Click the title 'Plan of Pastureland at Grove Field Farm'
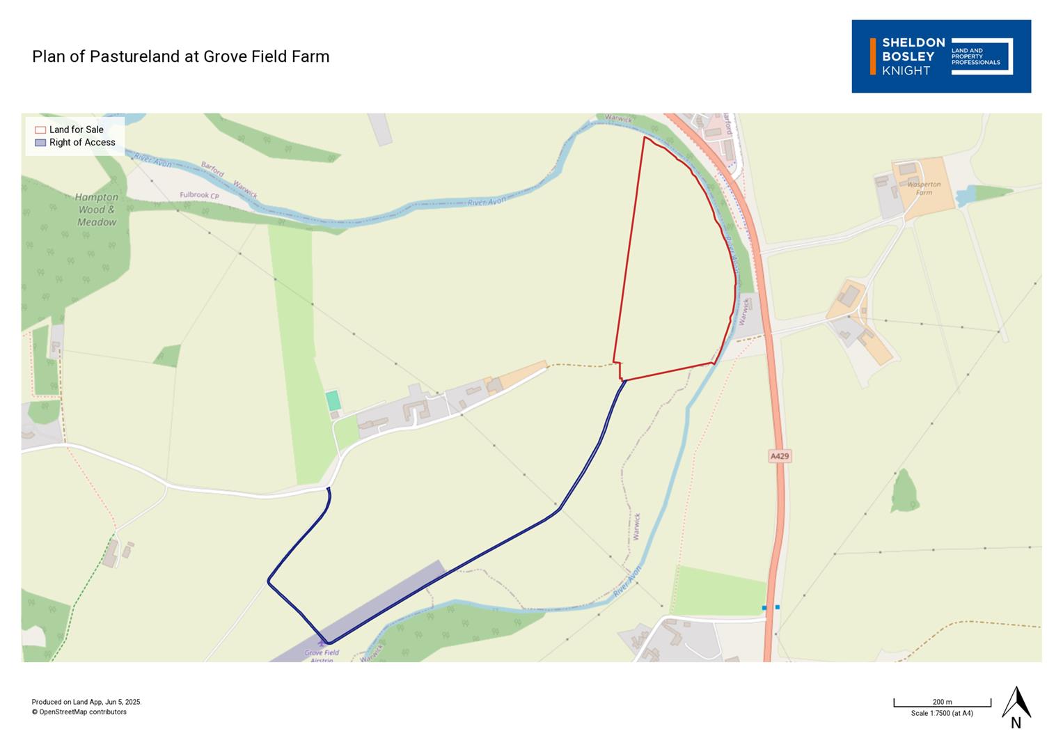(x=180, y=56)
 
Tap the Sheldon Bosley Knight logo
(x=940, y=56)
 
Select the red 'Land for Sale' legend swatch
(x=40, y=130)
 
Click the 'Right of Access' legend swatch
(x=40, y=143)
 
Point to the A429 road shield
(x=780, y=456)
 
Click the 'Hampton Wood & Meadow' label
(x=97, y=210)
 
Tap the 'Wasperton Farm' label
(x=924, y=188)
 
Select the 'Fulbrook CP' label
(x=199, y=195)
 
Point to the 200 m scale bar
(x=942, y=705)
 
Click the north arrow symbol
(x=1016, y=703)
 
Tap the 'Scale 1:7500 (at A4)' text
(x=942, y=714)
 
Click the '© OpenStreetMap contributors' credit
(x=79, y=712)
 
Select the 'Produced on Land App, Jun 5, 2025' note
(x=86, y=702)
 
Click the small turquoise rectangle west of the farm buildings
(x=333, y=400)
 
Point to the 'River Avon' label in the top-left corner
(x=153, y=161)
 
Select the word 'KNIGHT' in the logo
(x=906, y=70)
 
